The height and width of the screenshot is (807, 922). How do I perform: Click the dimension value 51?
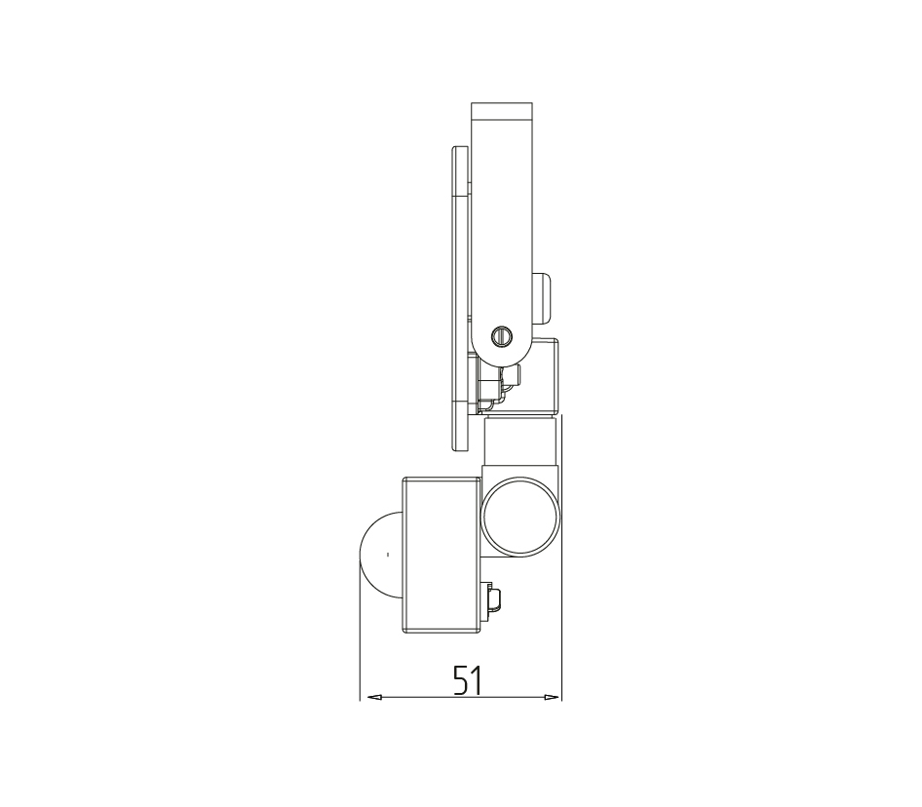coord(468,680)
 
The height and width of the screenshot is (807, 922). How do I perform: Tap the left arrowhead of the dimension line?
coord(374,697)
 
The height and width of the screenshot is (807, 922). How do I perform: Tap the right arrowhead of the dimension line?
coord(552,697)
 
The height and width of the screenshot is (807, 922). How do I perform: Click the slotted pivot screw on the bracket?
coord(502,336)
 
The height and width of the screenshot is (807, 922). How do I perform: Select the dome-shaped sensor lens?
coord(380,555)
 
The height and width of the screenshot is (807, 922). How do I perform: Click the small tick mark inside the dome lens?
coord(387,554)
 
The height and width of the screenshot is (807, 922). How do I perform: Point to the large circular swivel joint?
coord(521,516)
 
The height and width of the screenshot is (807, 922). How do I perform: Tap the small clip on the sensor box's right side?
coord(492,600)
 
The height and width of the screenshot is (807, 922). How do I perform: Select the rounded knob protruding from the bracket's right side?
coord(542,298)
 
